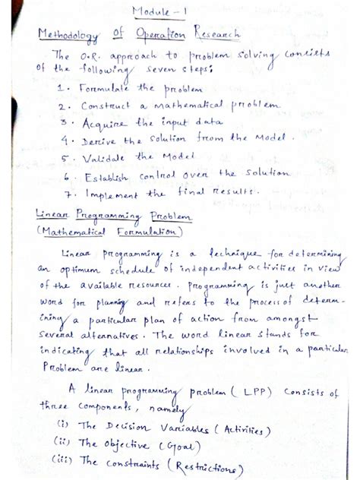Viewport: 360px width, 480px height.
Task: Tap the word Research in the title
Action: pos(213,35)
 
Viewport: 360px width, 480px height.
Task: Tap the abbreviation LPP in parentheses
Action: pos(263,393)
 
